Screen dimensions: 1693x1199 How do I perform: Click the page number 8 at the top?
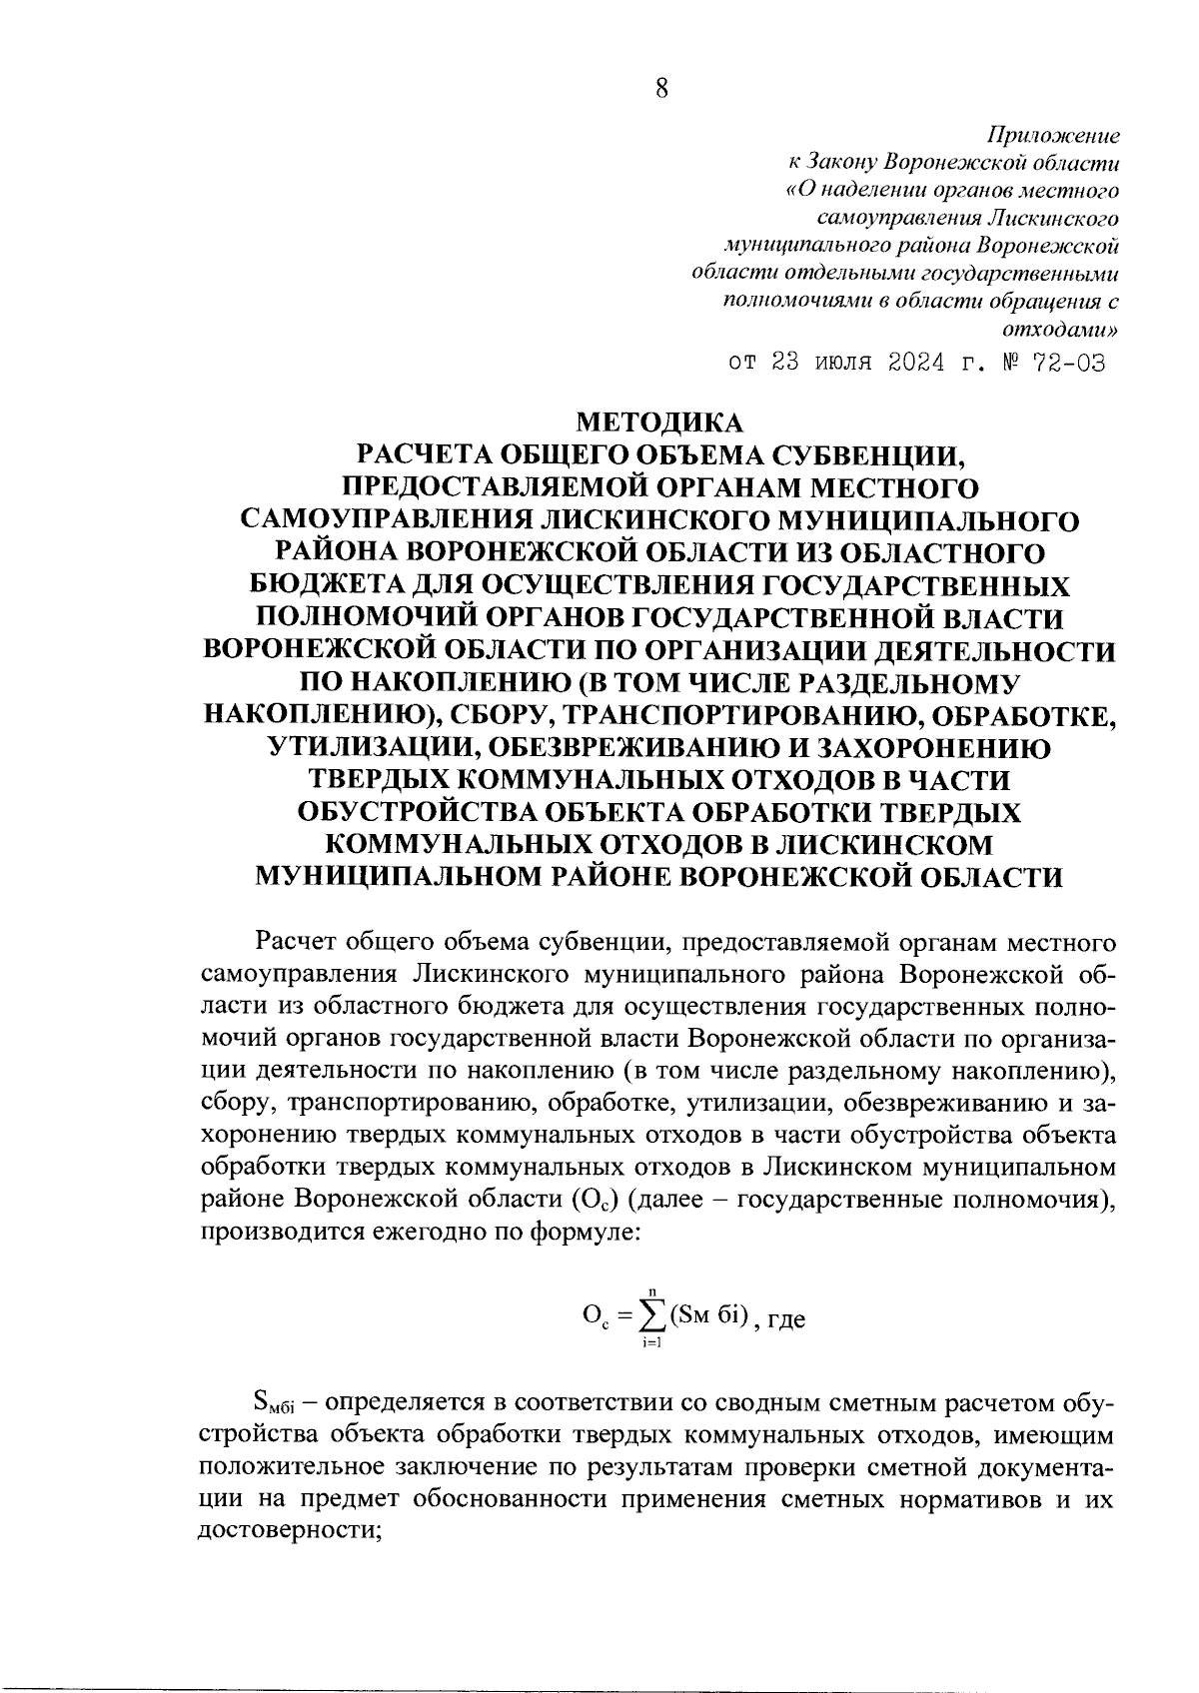[661, 88]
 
